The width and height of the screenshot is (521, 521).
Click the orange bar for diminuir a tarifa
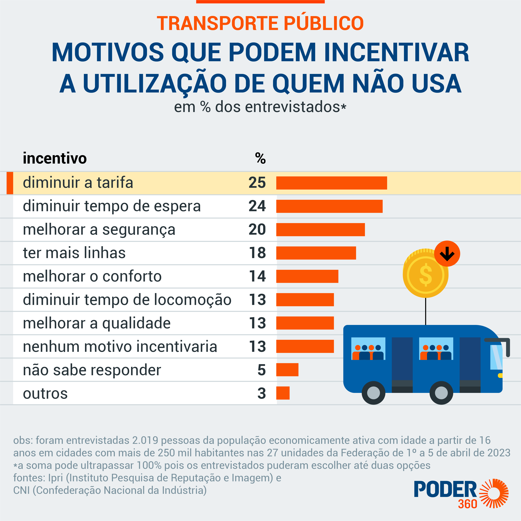[331, 183]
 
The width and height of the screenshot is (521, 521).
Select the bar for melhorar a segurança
[320, 229]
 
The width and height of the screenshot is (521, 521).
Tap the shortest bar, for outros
[283, 393]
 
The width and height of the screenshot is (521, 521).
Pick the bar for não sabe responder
[287, 369]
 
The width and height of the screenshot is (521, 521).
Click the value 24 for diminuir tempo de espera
[257, 206]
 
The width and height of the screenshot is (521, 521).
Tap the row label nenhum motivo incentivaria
[120, 347]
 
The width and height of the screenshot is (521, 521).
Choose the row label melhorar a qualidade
[97, 323]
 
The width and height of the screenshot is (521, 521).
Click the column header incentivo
[55, 158]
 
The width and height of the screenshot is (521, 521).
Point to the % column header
[260, 158]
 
